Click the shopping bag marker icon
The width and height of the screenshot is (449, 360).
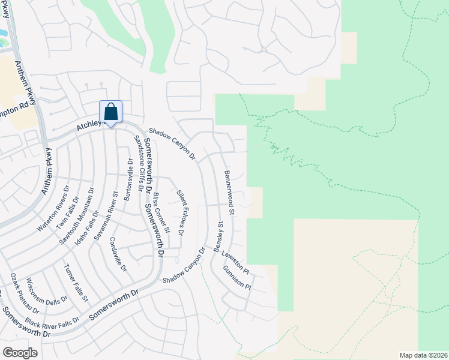pos(110,112)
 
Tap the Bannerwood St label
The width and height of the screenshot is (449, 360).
pos(229,193)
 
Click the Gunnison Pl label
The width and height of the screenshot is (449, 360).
pos(237,278)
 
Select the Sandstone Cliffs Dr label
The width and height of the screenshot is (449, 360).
pos(138,162)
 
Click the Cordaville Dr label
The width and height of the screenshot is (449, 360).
pos(119,255)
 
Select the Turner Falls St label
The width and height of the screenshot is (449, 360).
pos(76,282)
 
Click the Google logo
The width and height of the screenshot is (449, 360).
pos(20,352)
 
